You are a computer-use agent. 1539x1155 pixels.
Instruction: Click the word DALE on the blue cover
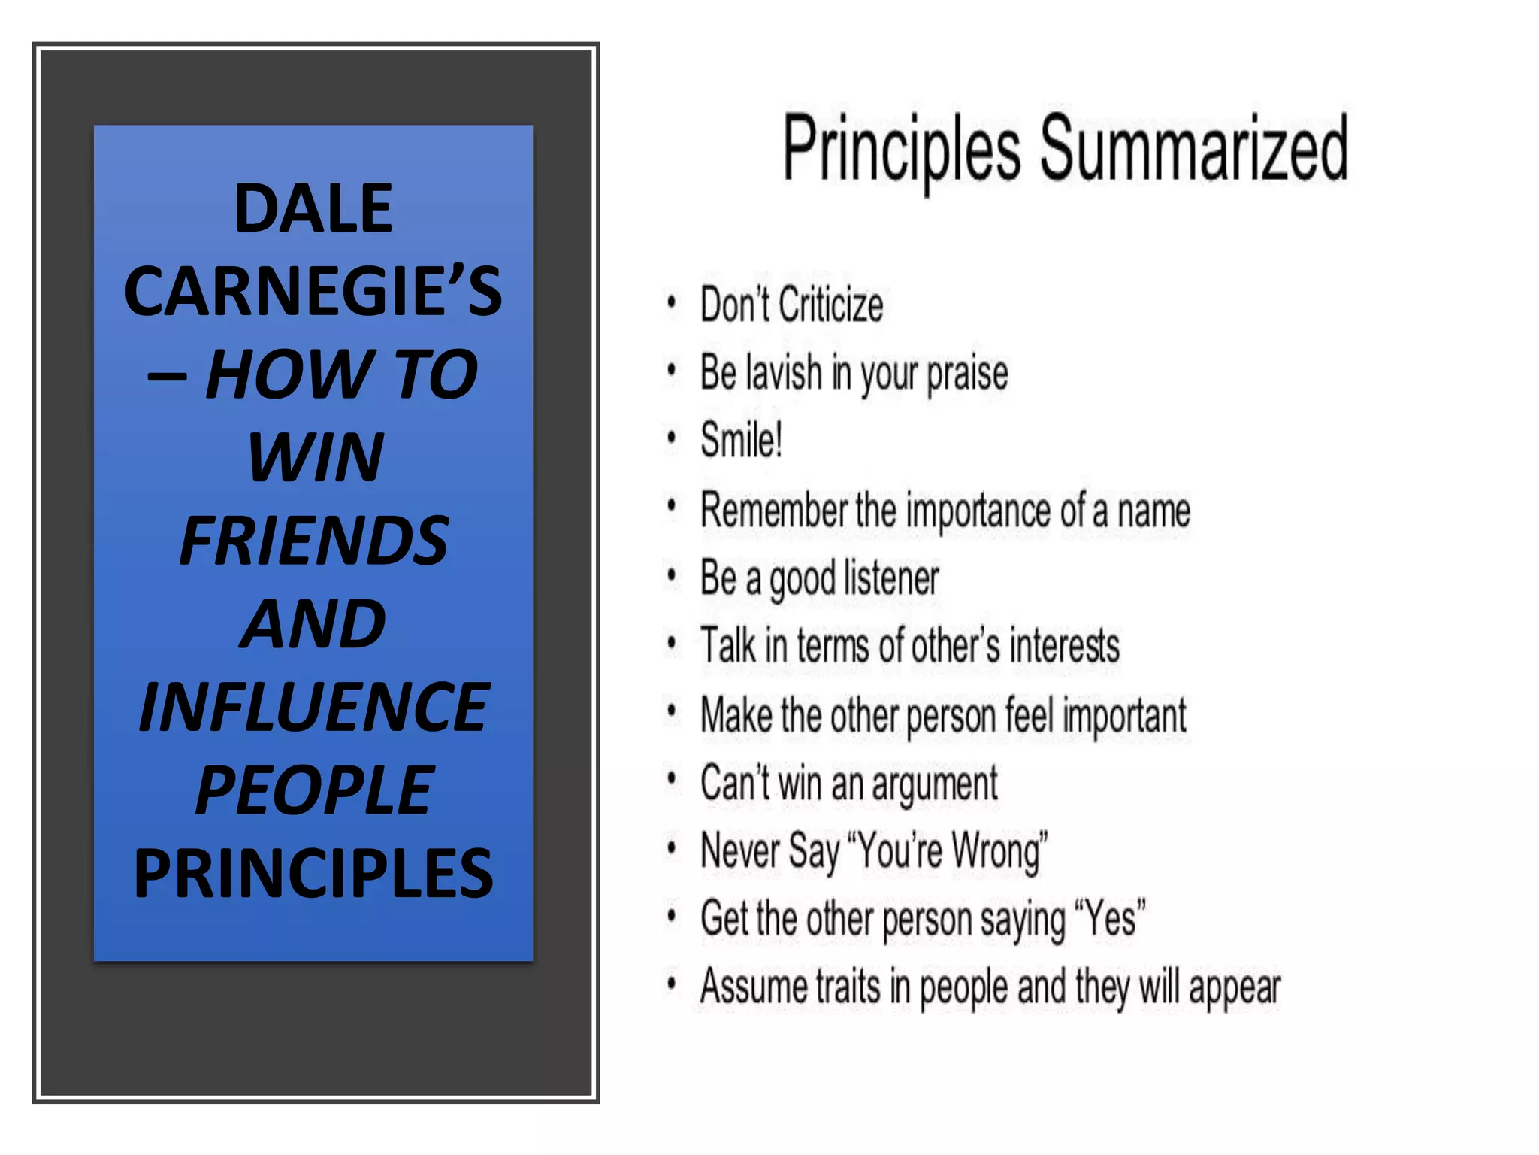(x=313, y=208)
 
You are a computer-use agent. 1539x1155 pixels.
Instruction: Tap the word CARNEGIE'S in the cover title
(x=313, y=292)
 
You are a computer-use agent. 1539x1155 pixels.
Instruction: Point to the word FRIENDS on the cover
(x=314, y=541)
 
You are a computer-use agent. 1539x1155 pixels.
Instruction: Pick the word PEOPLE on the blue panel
(x=314, y=790)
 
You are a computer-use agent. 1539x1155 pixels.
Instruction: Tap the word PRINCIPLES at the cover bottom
(x=313, y=874)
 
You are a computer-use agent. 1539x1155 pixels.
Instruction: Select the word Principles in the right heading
(x=902, y=150)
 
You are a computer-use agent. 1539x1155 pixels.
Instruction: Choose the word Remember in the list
(x=773, y=510)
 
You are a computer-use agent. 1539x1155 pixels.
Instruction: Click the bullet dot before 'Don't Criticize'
(x=671, y=302)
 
